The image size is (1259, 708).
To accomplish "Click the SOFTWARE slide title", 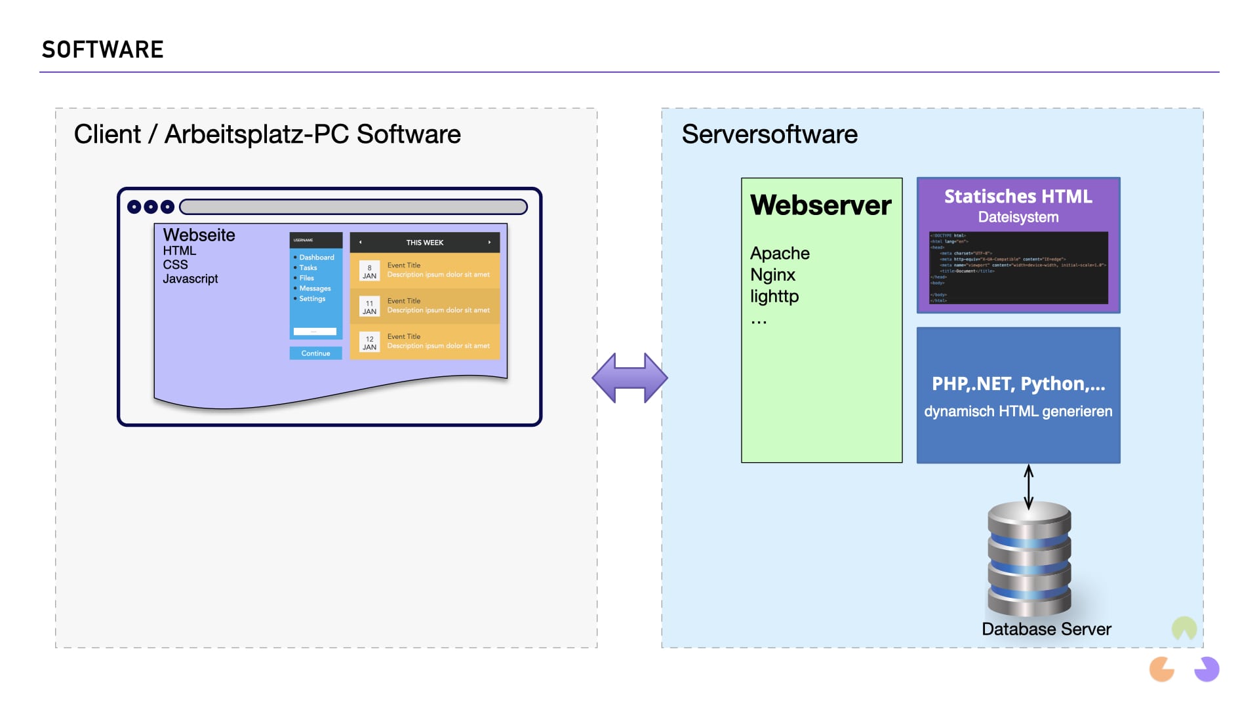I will (102, 50).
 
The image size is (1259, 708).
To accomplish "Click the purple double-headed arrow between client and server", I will (629, 378).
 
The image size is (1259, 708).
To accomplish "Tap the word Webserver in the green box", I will (820, 205).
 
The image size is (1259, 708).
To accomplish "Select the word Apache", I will (780, 253).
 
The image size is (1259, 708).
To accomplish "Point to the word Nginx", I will (772, 275).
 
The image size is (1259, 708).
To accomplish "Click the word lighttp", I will (774, 296).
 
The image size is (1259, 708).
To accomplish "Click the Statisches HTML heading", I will (1018, 196).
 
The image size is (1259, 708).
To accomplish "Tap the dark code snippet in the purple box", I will (1018, 267).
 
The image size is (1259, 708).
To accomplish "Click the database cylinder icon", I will (1029, 559).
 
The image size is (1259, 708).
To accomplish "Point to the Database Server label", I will (1046, 629).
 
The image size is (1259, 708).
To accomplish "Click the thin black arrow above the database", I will (1028, 486).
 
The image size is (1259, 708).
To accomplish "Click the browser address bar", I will (353, 207).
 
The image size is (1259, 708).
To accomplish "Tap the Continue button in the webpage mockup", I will (315, 353).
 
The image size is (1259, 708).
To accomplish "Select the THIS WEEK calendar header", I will (424, 243).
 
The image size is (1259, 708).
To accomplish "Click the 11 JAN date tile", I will (369, 307).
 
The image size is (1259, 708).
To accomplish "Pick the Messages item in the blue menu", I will (315, 288).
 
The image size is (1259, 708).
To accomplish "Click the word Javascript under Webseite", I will (190, 279).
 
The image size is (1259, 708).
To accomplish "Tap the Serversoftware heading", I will (769, 134).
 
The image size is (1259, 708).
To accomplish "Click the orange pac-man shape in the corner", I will (1161, 669).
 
